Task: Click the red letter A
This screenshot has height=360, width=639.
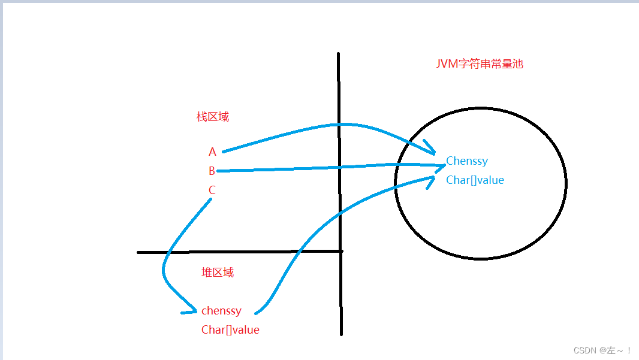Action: tap(212, 152)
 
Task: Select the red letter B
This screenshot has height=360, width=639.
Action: tap(212, 171)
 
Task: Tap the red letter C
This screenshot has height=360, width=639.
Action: tap(212, 190)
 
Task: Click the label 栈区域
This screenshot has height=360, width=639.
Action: tap(213, 117)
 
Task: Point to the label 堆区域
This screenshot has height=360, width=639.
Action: tap(218, 273)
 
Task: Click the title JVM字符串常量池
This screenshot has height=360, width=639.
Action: tap(480, 64)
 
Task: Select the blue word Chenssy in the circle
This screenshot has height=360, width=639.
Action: tap(467, 161)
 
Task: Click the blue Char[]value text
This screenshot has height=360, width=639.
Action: tap(475, 180)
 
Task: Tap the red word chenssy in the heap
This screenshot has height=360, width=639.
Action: tap(221, 311)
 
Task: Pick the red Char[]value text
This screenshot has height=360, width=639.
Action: tap(230, 330)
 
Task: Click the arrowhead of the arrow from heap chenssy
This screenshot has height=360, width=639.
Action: tap(432, 180)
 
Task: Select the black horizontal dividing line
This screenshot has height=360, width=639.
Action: tap(240, 252)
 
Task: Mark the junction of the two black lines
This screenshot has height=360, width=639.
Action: tap(340, 252)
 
